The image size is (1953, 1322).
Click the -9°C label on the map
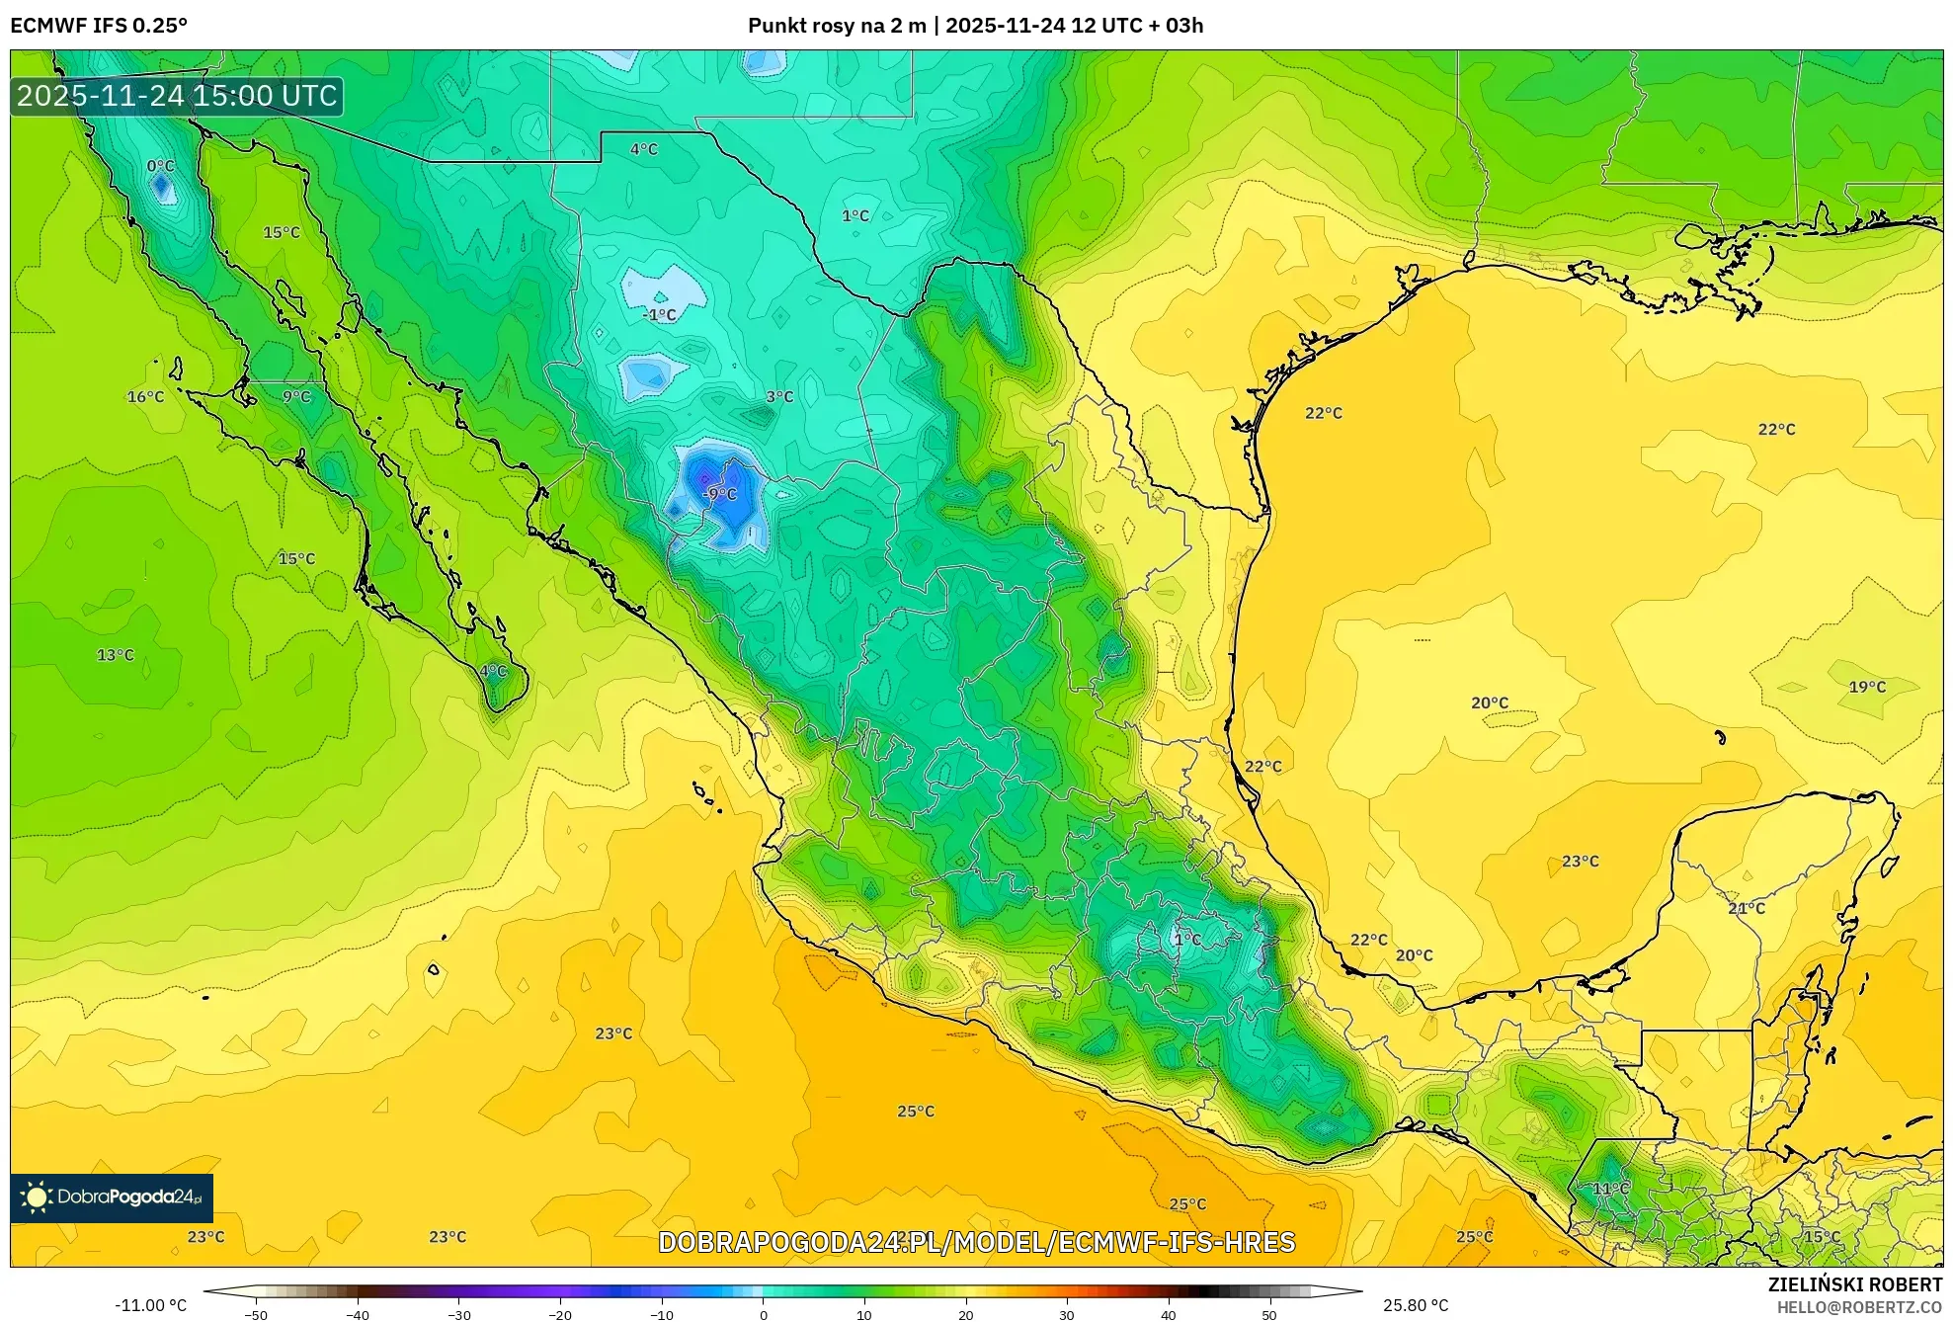coord(720,494)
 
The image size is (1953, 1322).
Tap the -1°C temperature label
coord(660,315)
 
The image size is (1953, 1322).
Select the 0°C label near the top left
coord(160,166)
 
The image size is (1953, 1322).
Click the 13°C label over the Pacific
coord(116,655)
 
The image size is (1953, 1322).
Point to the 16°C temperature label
coord(145,397)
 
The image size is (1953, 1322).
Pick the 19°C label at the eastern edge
coord(1867,687)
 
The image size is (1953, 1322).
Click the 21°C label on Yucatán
coord(1747,908)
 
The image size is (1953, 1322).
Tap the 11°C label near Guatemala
coord(1611,1189)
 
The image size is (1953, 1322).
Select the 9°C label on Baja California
coord(296,397)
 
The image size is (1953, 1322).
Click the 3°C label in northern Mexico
coord(779,397)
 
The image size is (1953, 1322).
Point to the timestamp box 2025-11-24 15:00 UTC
coord(177,96)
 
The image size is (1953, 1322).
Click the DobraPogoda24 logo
coord(112,1198)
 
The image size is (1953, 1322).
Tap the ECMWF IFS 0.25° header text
coord(99,26)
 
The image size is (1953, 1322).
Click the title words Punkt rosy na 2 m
coord(837,26)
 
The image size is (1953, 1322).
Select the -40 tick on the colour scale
coord(358,1314)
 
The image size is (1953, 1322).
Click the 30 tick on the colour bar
coord(1067,1314)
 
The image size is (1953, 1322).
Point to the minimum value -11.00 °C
coord(150,1305)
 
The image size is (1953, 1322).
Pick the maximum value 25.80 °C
coord(1416,1305)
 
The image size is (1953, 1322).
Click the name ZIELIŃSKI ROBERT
coord(1854,1284)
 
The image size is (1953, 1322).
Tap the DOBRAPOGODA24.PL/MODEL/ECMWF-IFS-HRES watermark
coord(976,1242)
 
